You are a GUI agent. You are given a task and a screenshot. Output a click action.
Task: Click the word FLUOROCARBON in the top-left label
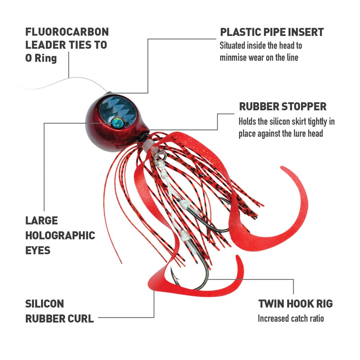coord(67,32)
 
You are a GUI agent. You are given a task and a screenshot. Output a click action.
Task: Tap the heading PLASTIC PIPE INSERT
coord(272,32)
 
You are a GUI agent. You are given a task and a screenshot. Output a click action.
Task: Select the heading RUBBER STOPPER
coord(283,107)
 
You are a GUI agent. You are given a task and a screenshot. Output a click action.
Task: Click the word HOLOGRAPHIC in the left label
coord(60,235)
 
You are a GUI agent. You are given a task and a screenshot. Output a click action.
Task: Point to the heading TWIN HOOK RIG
coord(295,304)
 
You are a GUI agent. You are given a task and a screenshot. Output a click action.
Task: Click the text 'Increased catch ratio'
coord(291,319)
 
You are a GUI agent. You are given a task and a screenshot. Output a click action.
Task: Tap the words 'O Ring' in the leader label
coord(41,58)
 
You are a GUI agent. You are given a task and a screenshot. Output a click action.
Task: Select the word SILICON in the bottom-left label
coord(44,304)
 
